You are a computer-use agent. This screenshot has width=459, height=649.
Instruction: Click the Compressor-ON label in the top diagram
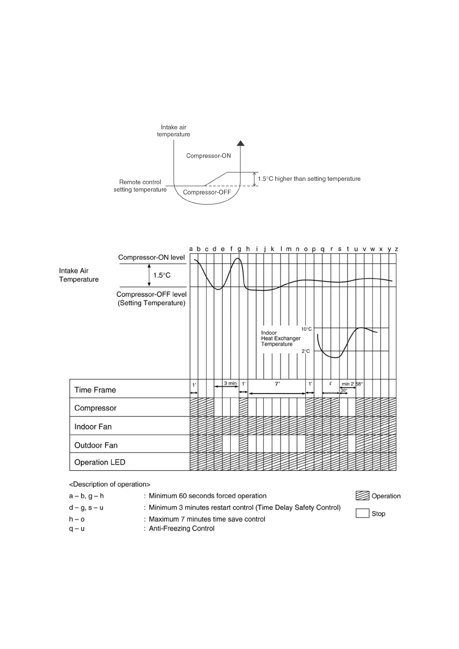pos(208,156)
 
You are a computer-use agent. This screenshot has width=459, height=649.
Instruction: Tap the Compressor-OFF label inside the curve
pos(207,192)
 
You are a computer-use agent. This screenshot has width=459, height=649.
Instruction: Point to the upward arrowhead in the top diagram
pos(241,143)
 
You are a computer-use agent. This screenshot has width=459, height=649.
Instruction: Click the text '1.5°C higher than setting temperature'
pos(309,179)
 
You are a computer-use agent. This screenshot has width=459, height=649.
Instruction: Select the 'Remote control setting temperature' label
pos(140,186)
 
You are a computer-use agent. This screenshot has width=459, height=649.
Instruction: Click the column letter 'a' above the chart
pos(191,249)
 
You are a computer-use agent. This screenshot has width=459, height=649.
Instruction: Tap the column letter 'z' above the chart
pos(396,249)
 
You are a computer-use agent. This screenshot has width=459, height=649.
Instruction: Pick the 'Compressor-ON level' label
pos(152,257)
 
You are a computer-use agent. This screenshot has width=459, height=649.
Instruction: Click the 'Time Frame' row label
pos(95,390)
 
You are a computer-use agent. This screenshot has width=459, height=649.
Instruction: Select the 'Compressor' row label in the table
pos(95,408)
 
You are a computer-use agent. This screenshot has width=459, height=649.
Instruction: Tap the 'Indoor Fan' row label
pos(93,427)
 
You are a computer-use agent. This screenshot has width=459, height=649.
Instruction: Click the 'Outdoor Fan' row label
pos(96,445)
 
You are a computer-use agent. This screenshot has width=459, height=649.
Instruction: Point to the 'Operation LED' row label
pos(100,462)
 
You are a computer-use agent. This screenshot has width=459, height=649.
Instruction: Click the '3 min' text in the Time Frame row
pos(230,383)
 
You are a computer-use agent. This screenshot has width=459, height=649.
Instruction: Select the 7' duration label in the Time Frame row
pos(277,384)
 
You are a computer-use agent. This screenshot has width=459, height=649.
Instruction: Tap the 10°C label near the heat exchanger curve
pos(306,329)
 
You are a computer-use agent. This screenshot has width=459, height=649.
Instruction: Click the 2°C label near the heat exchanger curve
pos(305,351)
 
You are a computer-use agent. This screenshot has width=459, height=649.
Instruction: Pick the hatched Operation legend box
pos(362,496)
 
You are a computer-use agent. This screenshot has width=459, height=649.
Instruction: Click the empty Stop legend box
pos(362,513)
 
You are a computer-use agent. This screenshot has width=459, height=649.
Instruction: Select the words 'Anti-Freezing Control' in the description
pos(181,528)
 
